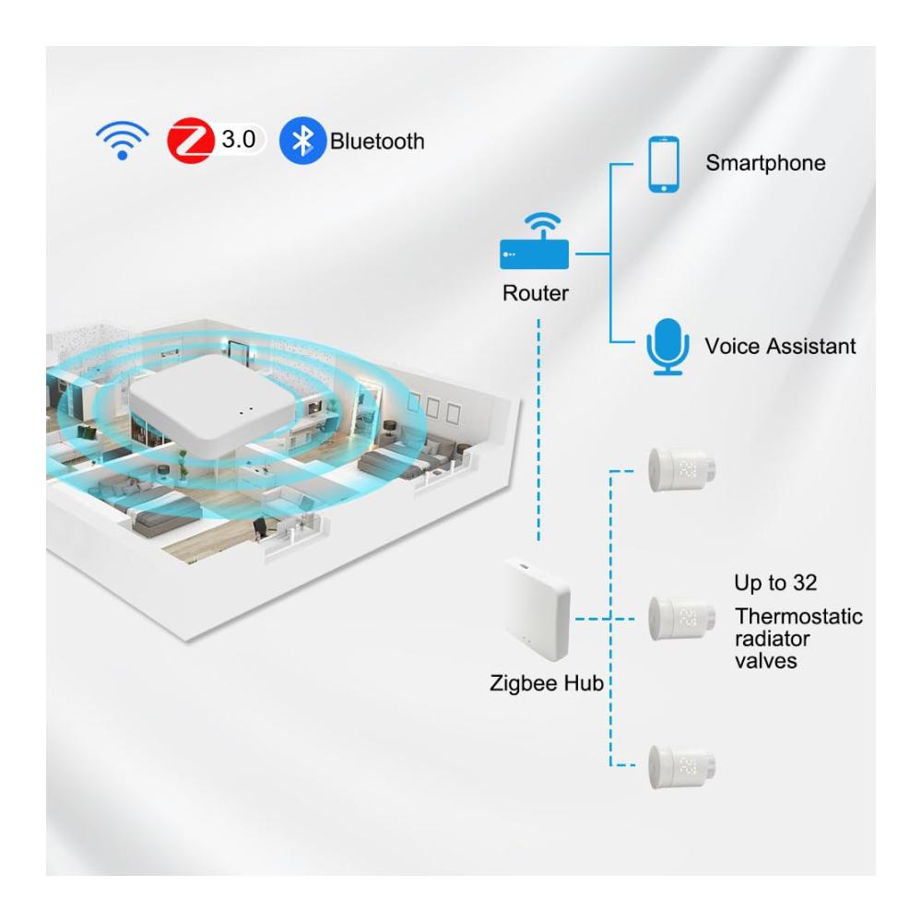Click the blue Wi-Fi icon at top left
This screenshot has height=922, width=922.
point(123,140)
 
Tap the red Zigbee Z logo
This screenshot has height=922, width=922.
point(191,140)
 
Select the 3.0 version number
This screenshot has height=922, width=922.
point(238,140)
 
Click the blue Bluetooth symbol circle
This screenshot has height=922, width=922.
point(302,140)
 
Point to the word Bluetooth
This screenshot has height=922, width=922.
point(377,141)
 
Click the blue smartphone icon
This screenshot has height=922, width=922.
point(663,164)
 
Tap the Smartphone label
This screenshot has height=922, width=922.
point(765,163)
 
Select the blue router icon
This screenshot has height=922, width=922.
point(535,241)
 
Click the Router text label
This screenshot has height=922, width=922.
point(535,293)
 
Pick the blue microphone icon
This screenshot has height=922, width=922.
point(668,347)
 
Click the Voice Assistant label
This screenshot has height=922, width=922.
point(780,346)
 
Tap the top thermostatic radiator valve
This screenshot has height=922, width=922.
point(682,470)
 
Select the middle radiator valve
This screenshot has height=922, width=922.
point(682,618)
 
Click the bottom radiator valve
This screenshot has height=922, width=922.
point(682,766)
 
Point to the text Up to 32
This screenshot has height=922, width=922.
point(775,583)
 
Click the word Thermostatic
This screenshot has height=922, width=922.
point(798,616)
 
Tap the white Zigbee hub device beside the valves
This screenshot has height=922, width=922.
point(538,609)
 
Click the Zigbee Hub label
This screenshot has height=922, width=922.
point(546,683)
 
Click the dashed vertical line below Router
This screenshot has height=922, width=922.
point(538,430)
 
